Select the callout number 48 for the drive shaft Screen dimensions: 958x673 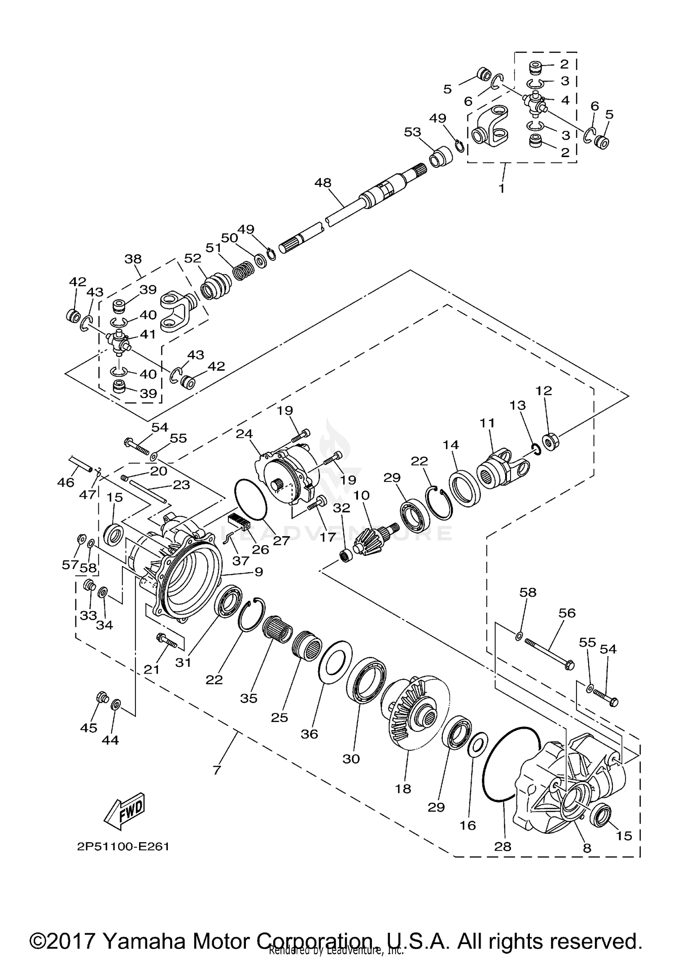(x=323, y=183)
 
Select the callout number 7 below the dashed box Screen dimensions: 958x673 (x=217, y=770)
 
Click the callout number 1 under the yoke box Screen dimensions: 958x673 (x=502, y=188)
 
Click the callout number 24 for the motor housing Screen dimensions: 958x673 (x=245, y=434)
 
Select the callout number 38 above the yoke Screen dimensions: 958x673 (x=133, y=259)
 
